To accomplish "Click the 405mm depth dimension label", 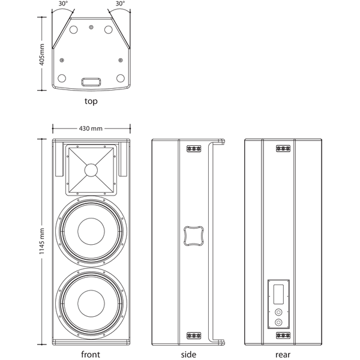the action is [42, 55].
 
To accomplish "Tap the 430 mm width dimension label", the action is [91, 128].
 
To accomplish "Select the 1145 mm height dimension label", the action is [42, 241].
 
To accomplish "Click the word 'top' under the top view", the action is [91, 101].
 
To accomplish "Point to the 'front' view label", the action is [91, 354].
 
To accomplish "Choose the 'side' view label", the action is [188, 354].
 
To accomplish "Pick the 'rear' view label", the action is [283, 355].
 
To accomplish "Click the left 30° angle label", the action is [63, 4].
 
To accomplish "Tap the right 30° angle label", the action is [120, 4].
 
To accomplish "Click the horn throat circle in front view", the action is [91, 170].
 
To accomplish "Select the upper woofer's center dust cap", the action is [91, 232].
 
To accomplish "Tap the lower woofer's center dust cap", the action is [91, 303].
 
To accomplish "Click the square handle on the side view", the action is [194, 236].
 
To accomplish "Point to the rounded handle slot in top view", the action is [91, 82].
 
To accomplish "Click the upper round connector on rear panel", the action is [278, 312].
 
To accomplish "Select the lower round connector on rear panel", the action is [278, 323].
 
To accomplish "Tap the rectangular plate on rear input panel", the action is [278, 295].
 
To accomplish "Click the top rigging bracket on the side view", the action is [194, 149].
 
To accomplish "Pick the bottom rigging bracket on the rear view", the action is [283, 335].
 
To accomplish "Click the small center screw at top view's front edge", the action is [91, 28].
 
